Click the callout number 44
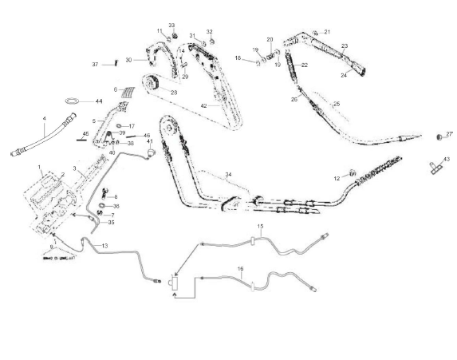click(x=99, y=101)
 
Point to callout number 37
click(x=95, y=64)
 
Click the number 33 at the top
click(x=171, y=26)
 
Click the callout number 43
click(x=447, y=160)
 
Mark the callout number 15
click(x=260, y=227)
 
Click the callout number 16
click(x=241, y=270)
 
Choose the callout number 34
click(x=229, y=173)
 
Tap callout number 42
click(x=203, y=105)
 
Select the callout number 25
click(x=336, y=104)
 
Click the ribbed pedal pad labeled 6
click(x=128, y=91)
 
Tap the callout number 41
click(x=149, y=141)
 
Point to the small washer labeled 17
click(x=120, y=126)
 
